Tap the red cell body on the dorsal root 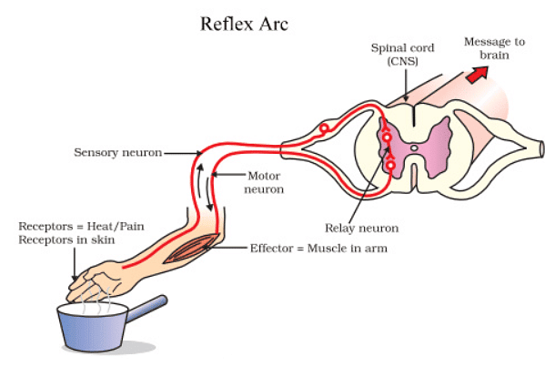(323, 129)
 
